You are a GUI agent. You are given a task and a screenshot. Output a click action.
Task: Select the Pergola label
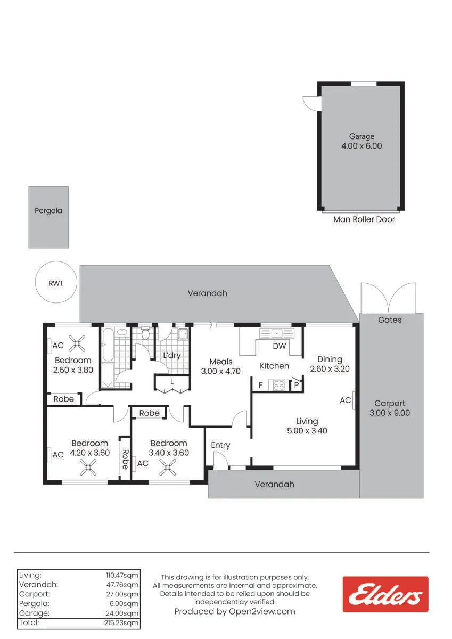pyautogui.click(x=48, y=210)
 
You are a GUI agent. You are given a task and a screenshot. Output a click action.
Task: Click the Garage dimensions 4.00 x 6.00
pyautogui.click(x=361, y=146)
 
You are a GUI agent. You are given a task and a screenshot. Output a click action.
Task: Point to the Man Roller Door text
pyautogui.click(x=364, y=219)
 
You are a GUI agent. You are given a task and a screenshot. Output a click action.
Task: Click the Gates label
pyautogui.click(x=390, y=320)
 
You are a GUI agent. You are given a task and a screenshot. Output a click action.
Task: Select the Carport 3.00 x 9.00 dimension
pyautogui.click(x=390, y=413)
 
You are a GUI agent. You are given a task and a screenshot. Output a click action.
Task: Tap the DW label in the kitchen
pyautogui.click(x=279, y=346)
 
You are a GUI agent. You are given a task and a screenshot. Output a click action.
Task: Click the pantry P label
pyautogui.click(x=297, y=385)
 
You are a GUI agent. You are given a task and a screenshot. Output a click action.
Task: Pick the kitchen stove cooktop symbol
pyautogui.click(x=278, y=385)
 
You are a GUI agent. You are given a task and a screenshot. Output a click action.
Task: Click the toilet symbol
pyautogui.click(x=145, y=333)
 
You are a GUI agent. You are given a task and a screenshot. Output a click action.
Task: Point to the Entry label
pyautogui.click(x=220, y=445)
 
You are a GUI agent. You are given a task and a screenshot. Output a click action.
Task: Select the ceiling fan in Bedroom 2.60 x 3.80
pyautogui.click(x=77, y=343)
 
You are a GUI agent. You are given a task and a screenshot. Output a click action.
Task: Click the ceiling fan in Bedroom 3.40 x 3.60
pyautogui.click(x=167, y=468)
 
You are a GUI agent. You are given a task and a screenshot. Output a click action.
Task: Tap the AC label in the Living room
pyautogui.click(x=345, y=400)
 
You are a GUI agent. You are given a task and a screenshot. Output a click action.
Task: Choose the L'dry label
pyautogui.click(x=172, y=355)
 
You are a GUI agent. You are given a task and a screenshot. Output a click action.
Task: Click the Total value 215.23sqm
pyautogui.click(x=121, y=622)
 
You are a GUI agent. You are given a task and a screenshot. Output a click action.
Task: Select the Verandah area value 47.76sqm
pyautogui.click(x=122, y=585)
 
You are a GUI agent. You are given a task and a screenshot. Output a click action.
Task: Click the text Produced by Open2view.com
pyautogui.click(x=235, y=611)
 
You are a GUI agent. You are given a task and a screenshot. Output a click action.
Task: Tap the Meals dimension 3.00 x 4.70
pyautogui.click(x=221, y=371)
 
